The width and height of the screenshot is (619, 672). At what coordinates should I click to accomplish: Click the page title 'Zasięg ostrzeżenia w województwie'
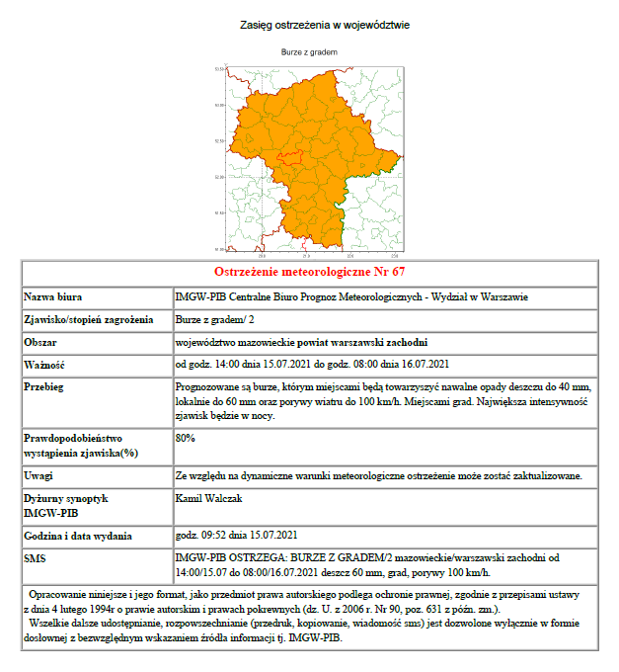tap(310, 24)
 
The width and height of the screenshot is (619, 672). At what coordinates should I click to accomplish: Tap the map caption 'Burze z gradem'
tap(310, 51)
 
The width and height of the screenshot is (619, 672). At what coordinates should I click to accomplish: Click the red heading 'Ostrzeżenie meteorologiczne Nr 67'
tap(310, 271)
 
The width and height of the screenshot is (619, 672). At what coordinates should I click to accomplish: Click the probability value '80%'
tap(185, 437)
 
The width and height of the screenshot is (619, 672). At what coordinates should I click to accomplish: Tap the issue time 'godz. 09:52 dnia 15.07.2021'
tap(236, 536)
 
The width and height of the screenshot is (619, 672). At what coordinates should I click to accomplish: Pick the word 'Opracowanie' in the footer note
tap(62, 599)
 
